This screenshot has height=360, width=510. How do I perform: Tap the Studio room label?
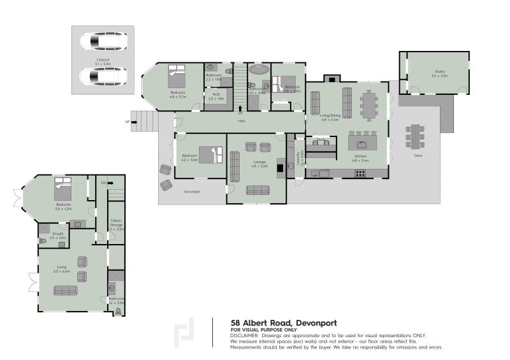[x=439, y=73]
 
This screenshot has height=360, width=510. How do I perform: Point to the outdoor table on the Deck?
[x=415, y=136]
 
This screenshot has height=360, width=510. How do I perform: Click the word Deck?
[x=418, y=155]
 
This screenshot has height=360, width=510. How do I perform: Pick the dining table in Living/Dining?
[x=368, y=104]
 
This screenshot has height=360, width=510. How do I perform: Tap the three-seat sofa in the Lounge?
[x=258, y=189]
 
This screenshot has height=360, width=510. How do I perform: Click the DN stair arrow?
[x=104, y=183]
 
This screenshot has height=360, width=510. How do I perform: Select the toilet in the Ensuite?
[x=45, y=229]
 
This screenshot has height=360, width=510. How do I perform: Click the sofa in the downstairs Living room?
[x=65, y=291]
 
